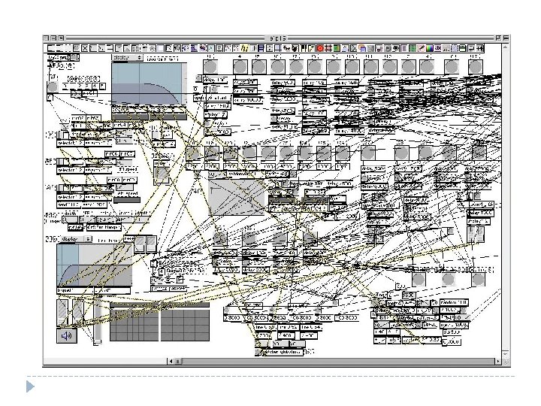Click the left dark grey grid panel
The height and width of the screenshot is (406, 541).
134,325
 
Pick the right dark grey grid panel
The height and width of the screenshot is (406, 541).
185,325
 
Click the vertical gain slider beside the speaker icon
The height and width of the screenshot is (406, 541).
96,323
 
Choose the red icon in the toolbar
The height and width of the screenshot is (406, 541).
320,48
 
